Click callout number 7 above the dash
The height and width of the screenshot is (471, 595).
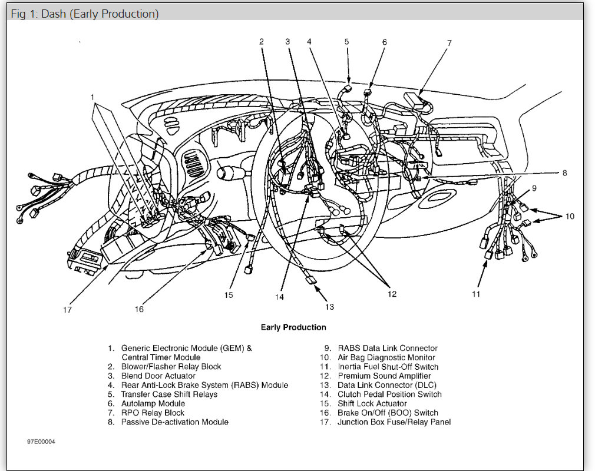tap(449, 43)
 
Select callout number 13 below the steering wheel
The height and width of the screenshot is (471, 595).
tap(329, 306)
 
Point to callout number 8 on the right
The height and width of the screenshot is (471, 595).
tap(564, 173)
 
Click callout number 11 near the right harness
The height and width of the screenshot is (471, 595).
tap(476, 294)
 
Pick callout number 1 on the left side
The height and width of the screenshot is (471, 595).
tap(92, 96)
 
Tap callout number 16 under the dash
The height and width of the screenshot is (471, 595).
tap(138, 309)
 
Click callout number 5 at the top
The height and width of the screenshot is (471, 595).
tap(346, 41)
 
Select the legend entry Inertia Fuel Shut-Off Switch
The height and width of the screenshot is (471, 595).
tap(388, 367)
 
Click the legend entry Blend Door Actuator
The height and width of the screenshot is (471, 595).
tap(158, 376)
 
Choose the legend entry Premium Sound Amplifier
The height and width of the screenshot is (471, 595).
tap(384, 376)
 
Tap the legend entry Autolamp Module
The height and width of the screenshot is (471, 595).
tap(153, 403)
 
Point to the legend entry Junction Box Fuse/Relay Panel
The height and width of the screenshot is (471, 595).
tap(394, 422)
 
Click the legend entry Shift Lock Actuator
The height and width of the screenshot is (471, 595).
tap(372, 403)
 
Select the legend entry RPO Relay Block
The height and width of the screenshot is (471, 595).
tap(153, 413)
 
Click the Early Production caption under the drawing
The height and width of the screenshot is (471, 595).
tap(293, 327)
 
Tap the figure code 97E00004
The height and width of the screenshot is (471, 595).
tap(41, 441)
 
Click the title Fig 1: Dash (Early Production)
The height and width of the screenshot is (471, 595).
tap(85, 14)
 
